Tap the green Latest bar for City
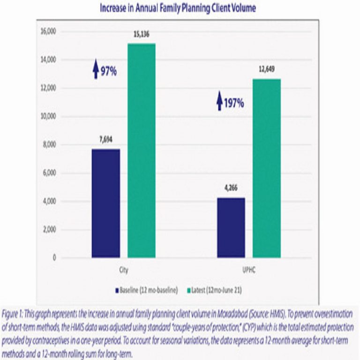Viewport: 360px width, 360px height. (142, 150)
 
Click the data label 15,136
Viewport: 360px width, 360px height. (141, 34)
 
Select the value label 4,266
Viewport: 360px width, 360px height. (231, 188)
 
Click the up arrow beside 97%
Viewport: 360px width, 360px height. (96, 71)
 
